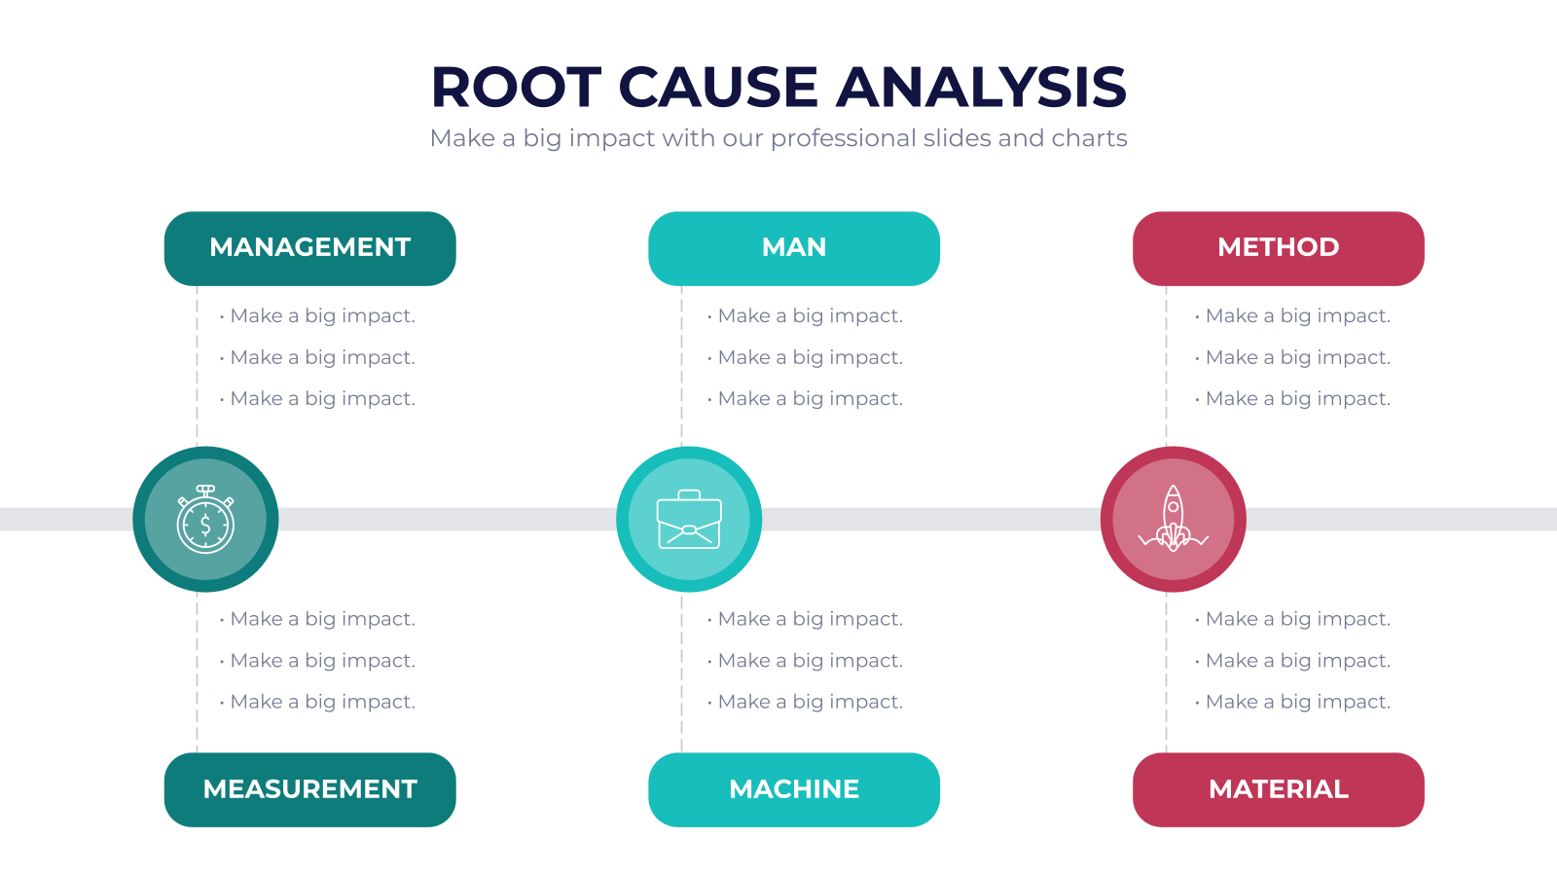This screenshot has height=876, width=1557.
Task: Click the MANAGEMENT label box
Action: coord(310,248)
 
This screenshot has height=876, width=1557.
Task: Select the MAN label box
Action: coord(794,248)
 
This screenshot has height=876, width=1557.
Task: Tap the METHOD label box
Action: coord(1279,248)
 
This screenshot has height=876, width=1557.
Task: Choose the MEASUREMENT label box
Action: coord(310,789)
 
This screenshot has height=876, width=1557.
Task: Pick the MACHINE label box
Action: coord(794,789)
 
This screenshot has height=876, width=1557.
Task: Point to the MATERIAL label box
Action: coord(1279,789)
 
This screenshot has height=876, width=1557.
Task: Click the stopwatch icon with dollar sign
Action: coord(205,520)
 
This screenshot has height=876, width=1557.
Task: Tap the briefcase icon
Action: coord(689,520)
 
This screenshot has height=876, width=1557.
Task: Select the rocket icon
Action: coord(1174,519)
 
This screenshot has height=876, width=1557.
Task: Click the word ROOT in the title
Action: coord(516,88)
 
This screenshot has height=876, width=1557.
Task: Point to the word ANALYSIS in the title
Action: coord(981,88)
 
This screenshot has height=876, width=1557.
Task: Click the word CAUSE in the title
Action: coord(718,88)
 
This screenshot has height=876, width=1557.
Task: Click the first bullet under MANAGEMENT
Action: coord(317,315)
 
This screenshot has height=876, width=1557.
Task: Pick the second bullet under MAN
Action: coord(805,357)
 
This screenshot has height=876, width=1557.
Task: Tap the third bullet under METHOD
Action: coord(1293,398)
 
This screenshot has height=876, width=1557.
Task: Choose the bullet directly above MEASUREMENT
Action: coord(317,702)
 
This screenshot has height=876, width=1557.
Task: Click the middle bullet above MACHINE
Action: coord(805,661)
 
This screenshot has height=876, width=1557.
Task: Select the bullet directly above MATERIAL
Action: coord(1293,702)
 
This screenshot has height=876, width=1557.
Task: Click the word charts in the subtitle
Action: coord(1089,137)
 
